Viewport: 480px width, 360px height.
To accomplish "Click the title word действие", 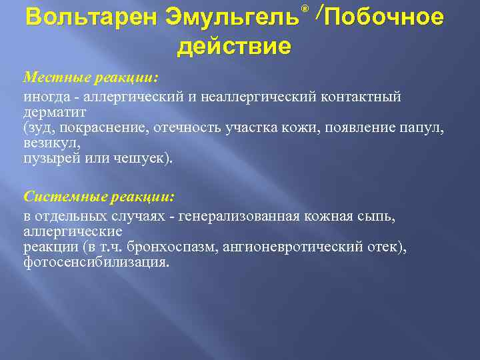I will tap(234, 47).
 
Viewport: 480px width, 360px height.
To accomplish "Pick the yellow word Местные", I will tap(53, 78).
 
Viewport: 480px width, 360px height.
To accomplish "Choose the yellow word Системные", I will tap(61, 197).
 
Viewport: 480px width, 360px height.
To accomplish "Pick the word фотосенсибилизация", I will tap(96, 262).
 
